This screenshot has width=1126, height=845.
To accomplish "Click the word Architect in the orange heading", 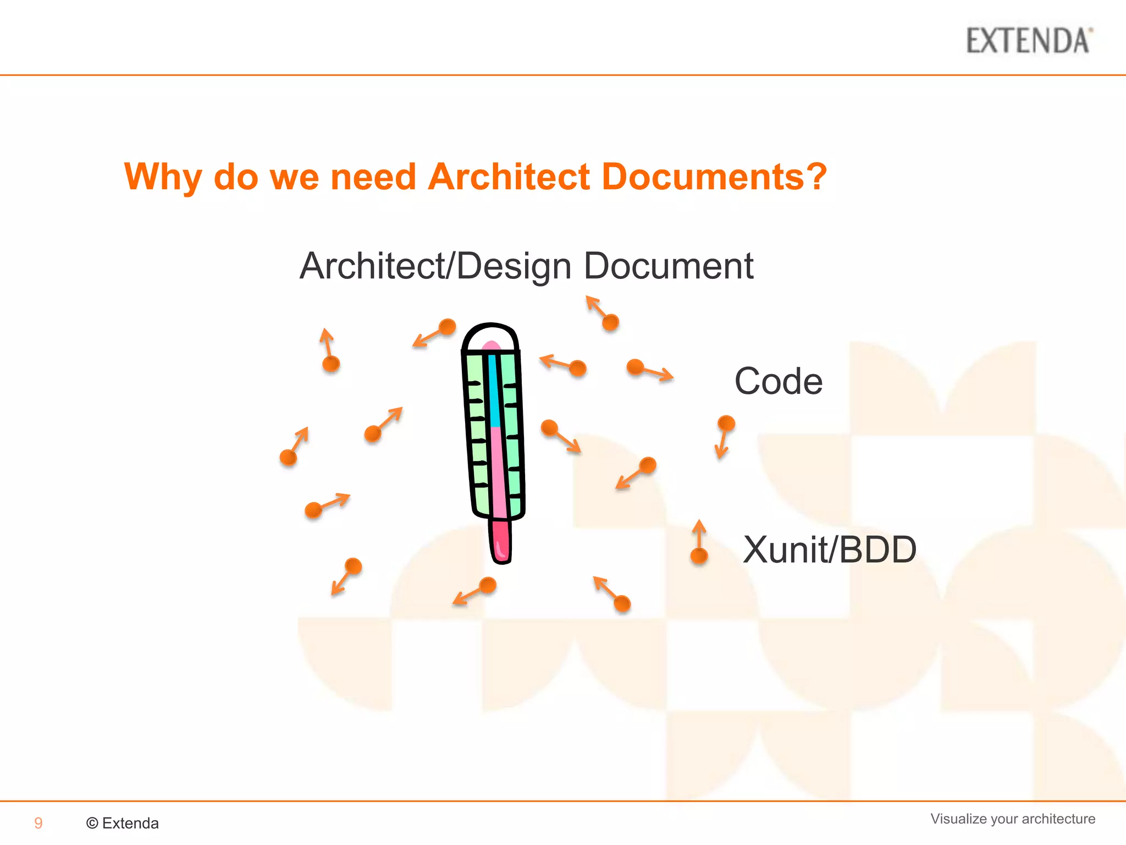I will click(x=509, y=177).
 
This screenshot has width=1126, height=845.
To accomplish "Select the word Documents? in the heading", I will click(x=714, y=177).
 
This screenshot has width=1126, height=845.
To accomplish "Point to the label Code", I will click(x=779, y=381).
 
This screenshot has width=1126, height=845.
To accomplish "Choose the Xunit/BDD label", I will click(x=830, y=549).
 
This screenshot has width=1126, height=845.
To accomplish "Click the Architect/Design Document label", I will click(x=526, y=266).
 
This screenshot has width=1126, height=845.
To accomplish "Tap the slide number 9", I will click(x=38, y=823).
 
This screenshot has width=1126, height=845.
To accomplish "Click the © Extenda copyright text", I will click(x=123, y=823).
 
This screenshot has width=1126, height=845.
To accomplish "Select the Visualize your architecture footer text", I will click(x=1013, y=819).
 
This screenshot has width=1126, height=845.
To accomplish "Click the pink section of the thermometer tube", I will click(x=498, y=473).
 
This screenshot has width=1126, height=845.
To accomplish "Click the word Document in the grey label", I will click(x=668, y=266).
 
